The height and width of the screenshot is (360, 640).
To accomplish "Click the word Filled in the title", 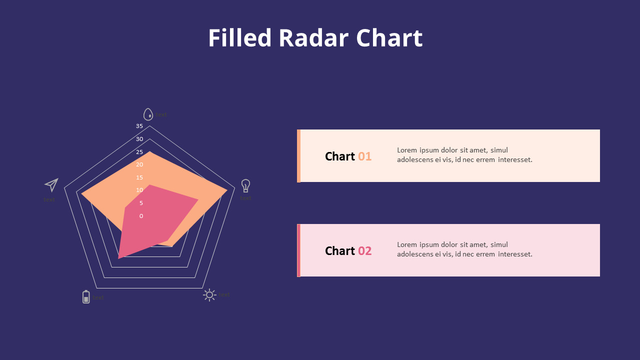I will tap(239, 38).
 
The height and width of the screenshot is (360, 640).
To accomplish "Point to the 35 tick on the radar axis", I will tap(139, 126).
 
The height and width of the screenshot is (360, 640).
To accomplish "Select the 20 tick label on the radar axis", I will tap(139, 164).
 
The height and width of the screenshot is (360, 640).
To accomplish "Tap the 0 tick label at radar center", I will tap(141, 216).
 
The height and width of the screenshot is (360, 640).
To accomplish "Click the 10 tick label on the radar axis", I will tap(139, 190).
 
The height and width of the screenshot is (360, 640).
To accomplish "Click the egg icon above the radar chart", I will tap(148, 114).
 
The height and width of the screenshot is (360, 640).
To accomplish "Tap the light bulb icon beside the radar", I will tap(245, 185).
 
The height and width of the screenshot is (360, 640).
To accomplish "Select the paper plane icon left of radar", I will tap(51, 185).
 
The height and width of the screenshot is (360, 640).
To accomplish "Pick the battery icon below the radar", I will tap(86, 297).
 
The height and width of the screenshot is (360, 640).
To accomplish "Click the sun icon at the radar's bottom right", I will tap(209, 295).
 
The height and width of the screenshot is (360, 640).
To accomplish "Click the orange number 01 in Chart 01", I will tap(364, 156).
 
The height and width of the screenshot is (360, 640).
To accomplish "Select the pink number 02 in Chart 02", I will tap(364, 251).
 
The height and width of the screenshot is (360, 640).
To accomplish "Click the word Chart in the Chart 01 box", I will tap(340, 156).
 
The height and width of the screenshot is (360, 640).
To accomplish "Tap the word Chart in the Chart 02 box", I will tap(340, 251).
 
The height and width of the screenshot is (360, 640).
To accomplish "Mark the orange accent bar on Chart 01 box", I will tap(298, 156).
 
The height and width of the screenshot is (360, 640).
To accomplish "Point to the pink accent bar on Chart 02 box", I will tap(298, 250).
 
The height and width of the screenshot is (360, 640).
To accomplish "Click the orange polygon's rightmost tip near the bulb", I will tap(226, 189).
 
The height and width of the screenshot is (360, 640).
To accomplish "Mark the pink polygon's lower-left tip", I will tap(119, 257).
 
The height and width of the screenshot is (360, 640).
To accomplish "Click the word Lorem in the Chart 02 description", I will tap(407, 244).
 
